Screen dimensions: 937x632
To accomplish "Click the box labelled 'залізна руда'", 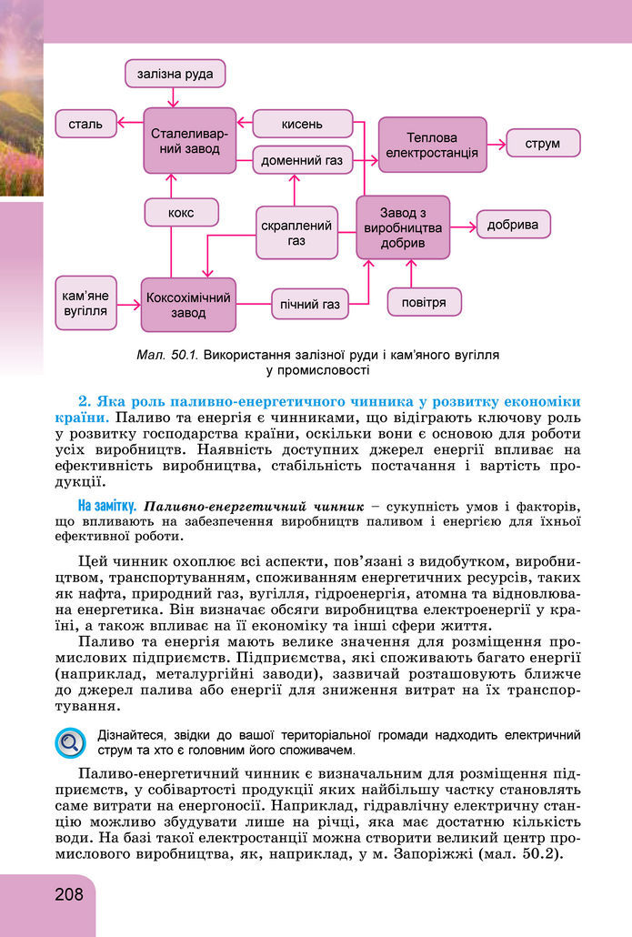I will pyautogui.click(x=176, y=74).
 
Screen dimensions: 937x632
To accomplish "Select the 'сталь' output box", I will pyautogui.click(x=86, y=123).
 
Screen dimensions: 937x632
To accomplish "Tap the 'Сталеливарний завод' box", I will pyautogui.click(x=189, y=140).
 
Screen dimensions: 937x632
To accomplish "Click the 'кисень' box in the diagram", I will pyautogui.click(x=302, y=123).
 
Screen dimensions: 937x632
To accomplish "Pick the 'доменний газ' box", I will pyautogui.click(x=302, y=160).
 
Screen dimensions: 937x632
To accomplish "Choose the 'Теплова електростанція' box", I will pyautogui.click(x=432, y=144).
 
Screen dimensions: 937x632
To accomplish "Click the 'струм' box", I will pyautogui.click(x=543, y=143).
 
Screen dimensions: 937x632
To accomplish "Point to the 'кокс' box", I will pyautogui.click(x=181, y=212).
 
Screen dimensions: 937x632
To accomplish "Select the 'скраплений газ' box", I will pyautogui.click(x=296, y=233).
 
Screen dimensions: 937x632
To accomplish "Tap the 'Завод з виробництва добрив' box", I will pyautogui.click(x=403, y=227).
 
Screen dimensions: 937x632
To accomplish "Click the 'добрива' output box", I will pyautogui.click(x=513, y=224).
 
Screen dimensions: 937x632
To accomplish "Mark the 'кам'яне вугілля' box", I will pyautogui.click(x=86, y=303).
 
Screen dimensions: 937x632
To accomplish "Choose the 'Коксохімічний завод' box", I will pyautogui.click(x=188, y=305).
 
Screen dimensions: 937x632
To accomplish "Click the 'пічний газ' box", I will pyautogui.click(x=310, y=304).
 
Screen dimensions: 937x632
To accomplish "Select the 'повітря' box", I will pyautogui.click(x=424, y=302).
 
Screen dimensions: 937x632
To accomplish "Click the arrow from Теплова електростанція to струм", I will pyautogui.click(x=497, y=143).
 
